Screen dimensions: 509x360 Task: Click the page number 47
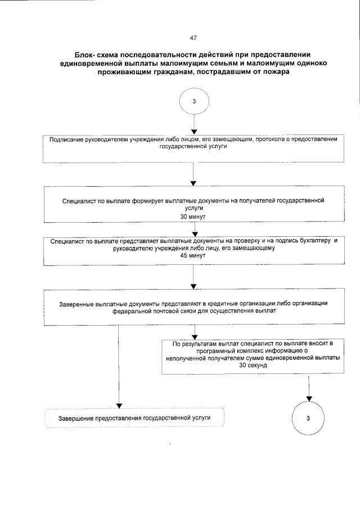193,38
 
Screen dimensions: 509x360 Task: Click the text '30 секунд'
253,365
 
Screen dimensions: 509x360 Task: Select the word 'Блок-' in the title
85,55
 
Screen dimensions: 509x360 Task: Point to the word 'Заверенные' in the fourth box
77,303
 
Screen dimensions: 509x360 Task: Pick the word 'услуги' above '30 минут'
193,208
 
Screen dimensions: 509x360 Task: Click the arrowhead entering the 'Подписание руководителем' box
193,133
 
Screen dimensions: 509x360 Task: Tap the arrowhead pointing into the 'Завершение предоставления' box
119,405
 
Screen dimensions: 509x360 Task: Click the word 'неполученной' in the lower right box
183,357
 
